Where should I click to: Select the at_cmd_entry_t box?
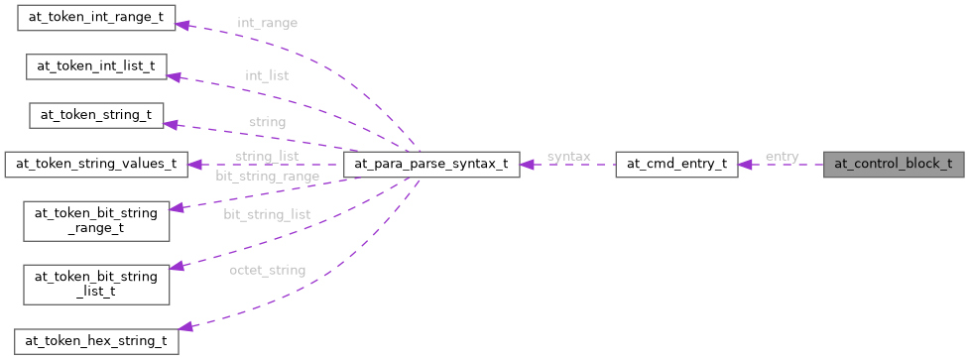point(676,165)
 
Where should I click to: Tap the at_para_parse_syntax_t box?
point(429,165)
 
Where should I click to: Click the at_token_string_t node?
point(96,115)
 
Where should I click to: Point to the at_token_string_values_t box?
point(96,165)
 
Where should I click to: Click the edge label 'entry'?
point(782,157)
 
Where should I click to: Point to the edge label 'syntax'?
point(568,157)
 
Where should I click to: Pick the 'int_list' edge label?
point(267,74)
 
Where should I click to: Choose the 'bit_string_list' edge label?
point(266,214)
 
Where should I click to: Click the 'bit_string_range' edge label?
point(267,177)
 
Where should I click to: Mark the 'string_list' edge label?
point(267,157)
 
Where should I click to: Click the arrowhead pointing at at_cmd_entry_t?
point(745,165)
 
